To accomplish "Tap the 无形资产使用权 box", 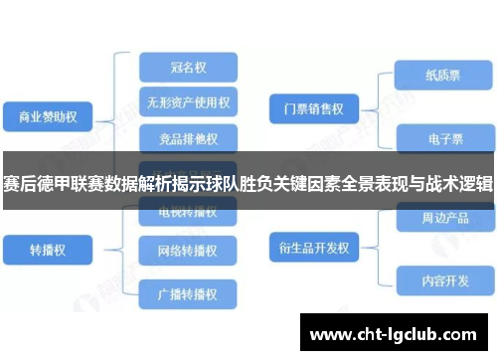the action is point(189,101).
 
